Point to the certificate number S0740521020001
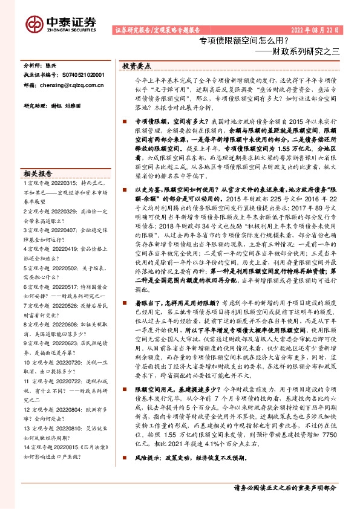pyautogui.click(x=83, y=74)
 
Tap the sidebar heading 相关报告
pyautogui.click(x=38, y=172)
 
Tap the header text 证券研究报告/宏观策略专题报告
pyautogui.click(x=155, y=30)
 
